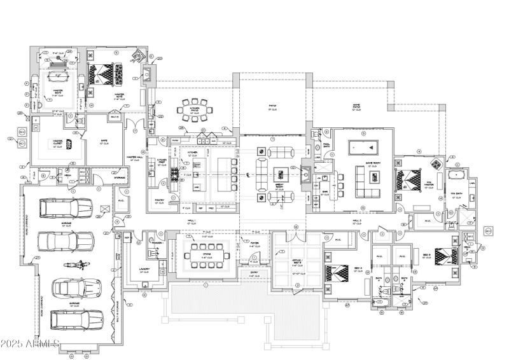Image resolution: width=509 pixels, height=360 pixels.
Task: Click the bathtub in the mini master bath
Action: (456, 174)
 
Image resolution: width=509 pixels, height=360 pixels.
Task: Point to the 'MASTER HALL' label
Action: (134, 157)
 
